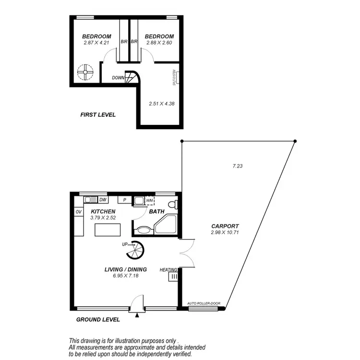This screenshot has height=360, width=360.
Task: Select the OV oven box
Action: point(78,212)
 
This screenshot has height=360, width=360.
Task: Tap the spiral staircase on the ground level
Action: point(136,249)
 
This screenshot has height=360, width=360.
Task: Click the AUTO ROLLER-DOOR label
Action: point(204,303)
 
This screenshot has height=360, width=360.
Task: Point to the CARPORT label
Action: point(225,227)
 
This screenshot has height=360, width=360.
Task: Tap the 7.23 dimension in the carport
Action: point(237,166)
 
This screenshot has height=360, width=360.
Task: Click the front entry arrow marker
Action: point(137,315)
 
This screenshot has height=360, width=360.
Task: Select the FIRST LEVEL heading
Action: point(98,115)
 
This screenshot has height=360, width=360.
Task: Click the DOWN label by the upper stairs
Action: point(118,78)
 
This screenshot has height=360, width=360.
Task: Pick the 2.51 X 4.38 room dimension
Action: point(160,103)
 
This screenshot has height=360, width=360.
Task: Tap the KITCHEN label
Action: point(103,211)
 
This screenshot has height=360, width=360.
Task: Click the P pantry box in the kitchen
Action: point(124,200)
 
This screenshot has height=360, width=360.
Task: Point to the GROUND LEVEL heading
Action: point(98,319)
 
